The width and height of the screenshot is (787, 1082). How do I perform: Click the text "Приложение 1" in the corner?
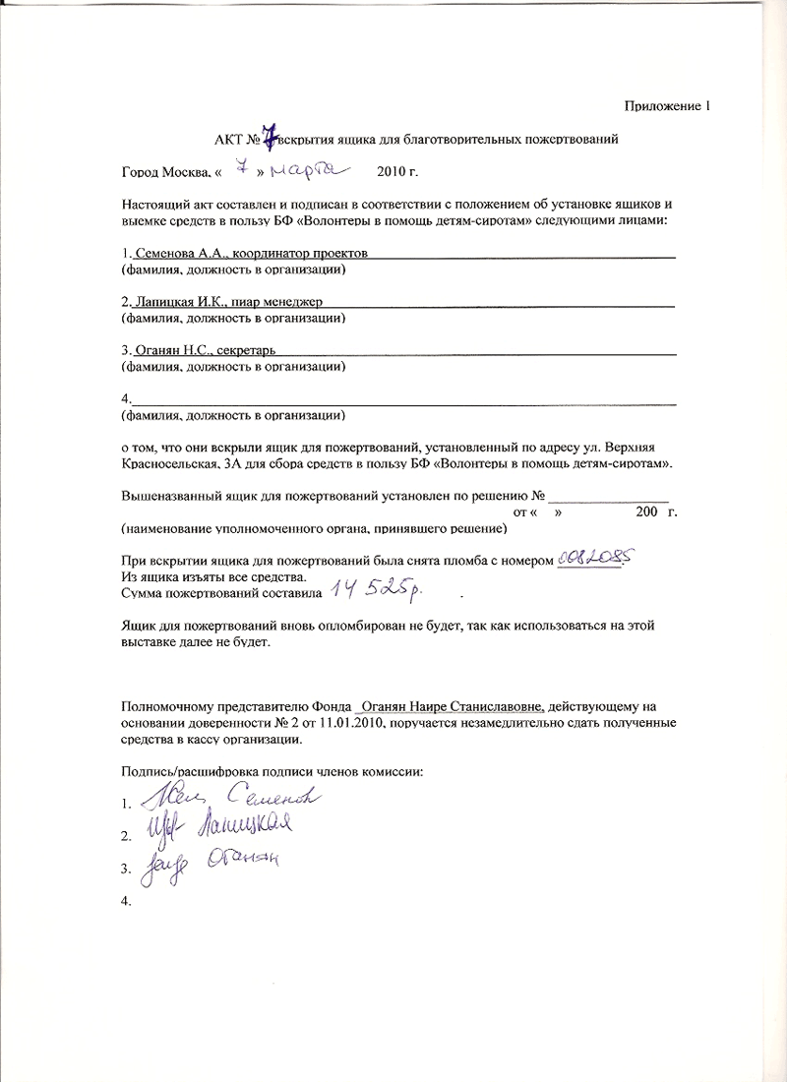pos(666,105)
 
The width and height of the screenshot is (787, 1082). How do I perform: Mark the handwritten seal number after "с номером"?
pos(592,557)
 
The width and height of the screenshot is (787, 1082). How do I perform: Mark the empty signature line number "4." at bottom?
pos(126,901)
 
